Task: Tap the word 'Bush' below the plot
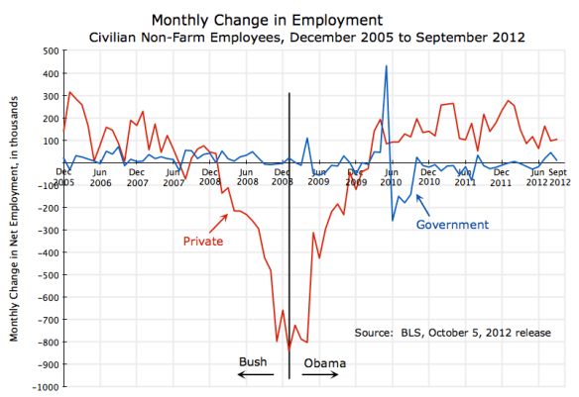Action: click(x=254, y=362)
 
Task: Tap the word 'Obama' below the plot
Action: click(x=324, y=362)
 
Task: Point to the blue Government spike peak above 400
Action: click(x=386, y=66)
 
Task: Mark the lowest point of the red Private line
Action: click(x=289, y=348)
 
